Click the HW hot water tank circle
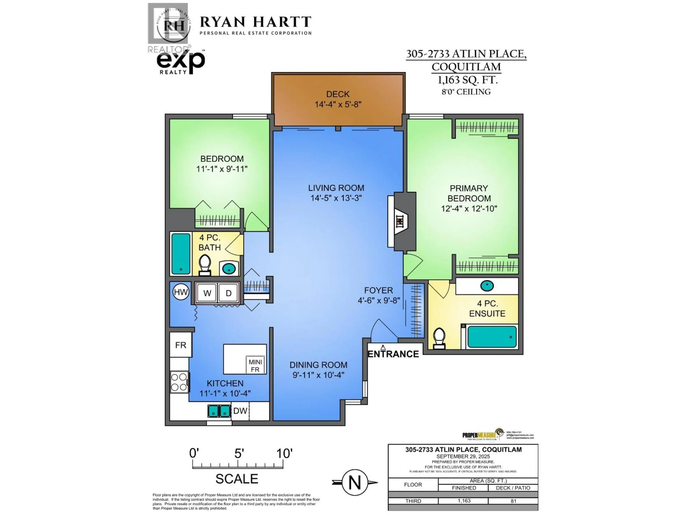pos(181,292)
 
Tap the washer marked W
pos(207,293)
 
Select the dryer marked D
pos(229,293)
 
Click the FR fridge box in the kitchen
pos(181,345)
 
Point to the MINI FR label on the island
pos(255,365)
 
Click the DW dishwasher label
pos(240,411)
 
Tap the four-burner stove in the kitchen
pos(179,382)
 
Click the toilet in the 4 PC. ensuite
pos(440,338)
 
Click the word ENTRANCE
pos(393,354)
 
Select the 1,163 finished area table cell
pos(464,501)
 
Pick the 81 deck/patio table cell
pos(513,501)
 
